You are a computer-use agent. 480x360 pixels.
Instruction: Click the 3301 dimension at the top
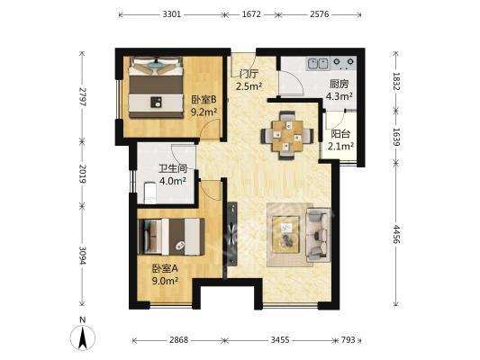(x=172, y=14)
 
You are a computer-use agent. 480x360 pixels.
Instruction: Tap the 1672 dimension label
(x=251, y=14)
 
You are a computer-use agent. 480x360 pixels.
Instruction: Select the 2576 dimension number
(x=320, y=14)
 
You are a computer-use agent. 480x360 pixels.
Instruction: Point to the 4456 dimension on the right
(x=396, y=234)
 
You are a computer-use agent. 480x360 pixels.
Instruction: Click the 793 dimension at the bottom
(x=348, y=340)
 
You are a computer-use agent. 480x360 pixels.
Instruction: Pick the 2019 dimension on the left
(x=82, y=174)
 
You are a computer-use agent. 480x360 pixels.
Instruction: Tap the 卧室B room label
(x=204, y=99)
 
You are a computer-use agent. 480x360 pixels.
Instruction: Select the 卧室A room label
(x=165, y=268)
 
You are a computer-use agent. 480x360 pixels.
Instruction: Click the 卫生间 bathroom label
(x=173, y=168)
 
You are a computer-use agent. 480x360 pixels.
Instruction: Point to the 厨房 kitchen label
(x=339, y=84)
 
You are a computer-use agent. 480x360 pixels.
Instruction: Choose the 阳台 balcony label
(x=340, y=134)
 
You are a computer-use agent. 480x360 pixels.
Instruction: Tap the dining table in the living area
(x=287, y=135)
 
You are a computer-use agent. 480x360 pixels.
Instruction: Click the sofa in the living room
(x=319, y=235)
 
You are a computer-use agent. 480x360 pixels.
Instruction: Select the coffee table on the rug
(x=286, y=235)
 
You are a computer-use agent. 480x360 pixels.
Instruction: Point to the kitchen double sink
(x=319, y=64)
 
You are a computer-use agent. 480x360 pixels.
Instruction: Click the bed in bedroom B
(x=156, y=87)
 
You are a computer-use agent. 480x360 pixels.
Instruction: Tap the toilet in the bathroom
(x=150, y=193)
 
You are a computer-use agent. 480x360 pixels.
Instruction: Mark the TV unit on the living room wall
(x=232, y=234)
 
